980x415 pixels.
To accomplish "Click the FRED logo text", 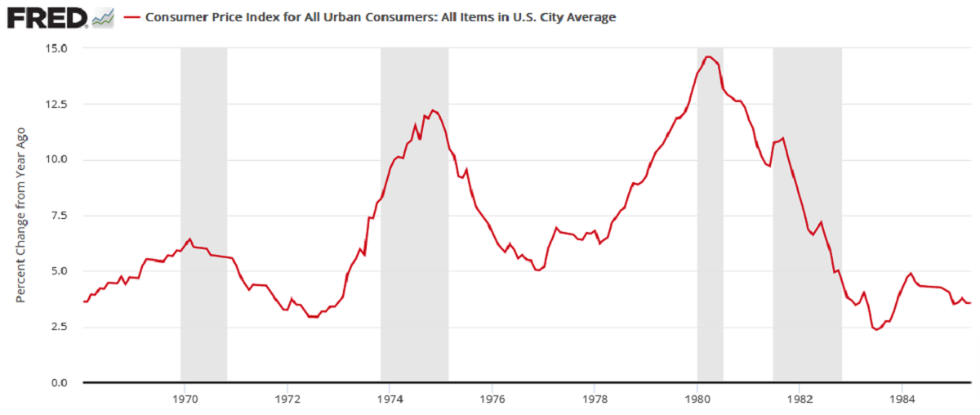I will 47,17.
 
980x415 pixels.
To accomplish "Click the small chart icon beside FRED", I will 103,17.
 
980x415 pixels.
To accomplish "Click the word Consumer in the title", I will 174,17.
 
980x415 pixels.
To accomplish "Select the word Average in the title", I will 590,17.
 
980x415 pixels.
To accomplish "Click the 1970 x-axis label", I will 185,399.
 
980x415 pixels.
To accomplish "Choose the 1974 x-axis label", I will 390,399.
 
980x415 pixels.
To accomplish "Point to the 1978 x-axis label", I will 595,399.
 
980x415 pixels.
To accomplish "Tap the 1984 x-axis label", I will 902,399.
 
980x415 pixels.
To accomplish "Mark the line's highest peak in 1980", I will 708,57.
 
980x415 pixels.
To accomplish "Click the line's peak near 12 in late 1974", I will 433,110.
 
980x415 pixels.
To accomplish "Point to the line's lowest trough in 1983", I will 876,329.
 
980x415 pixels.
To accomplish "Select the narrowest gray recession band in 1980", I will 710,212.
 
